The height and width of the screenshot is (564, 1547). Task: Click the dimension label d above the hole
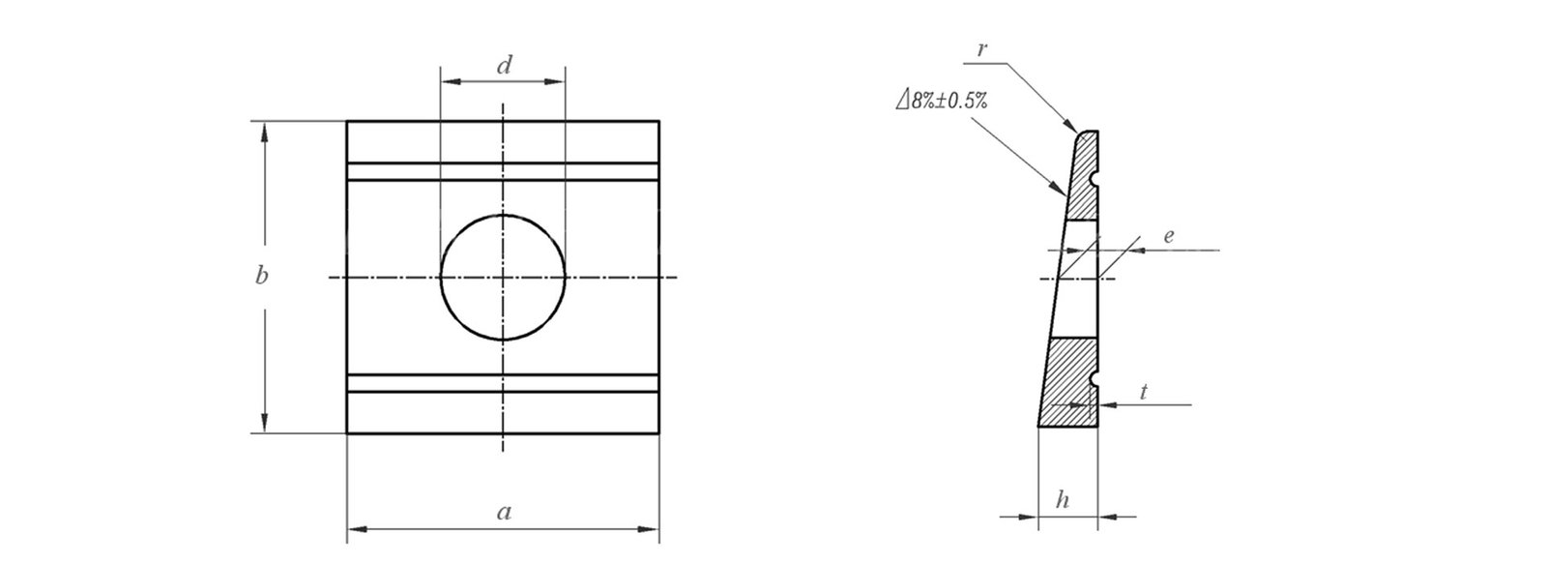tap(504, 66)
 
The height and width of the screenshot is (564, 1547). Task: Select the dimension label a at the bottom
tap(503, 513)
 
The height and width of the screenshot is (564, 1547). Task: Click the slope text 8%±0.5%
tap(941, 100)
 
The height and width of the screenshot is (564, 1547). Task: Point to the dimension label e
tap(1168, 236)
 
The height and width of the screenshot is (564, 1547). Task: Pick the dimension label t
tap(1144, 392)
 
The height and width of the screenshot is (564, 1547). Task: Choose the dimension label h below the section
tap(1063, 500)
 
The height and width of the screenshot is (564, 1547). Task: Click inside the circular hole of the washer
tap(503, 278)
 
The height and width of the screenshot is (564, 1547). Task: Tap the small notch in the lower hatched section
tap(1095, 377)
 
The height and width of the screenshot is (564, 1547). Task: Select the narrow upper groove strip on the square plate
tap(503, 171)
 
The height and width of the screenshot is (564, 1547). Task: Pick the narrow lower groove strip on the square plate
tap(503, 382)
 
